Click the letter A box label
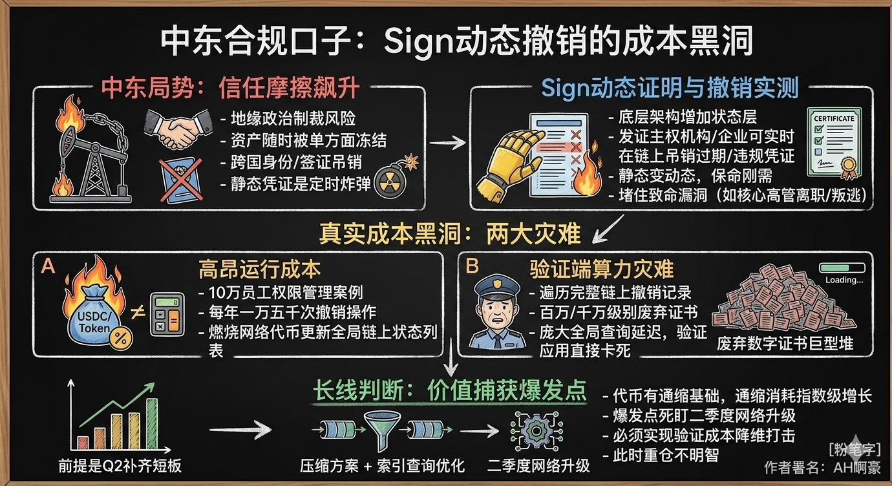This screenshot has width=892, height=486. (48, 266)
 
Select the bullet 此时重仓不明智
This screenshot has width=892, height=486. (666, 455)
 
